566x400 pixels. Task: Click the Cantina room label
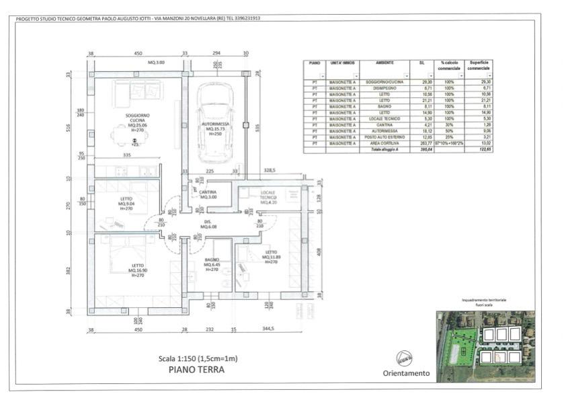208,194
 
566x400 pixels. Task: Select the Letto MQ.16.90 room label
138,270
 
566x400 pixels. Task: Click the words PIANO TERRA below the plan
197,369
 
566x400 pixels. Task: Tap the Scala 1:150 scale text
197,358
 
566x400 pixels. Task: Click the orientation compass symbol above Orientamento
405,358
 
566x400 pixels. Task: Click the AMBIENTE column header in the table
385,63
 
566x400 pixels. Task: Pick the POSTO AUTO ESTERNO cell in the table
385,137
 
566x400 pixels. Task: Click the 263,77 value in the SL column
421,143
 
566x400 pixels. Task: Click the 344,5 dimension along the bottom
269,329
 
